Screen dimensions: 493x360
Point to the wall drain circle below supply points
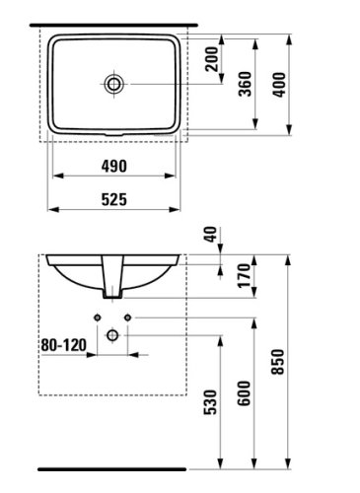(x=115, y=334)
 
